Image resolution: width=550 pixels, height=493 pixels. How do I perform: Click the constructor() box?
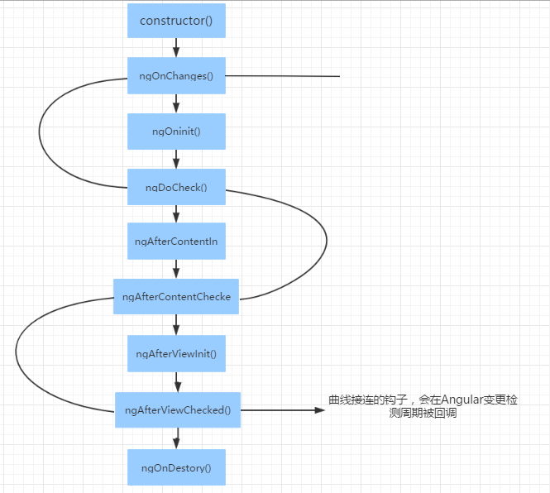176,21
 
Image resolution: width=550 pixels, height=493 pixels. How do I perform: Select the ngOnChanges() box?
176,76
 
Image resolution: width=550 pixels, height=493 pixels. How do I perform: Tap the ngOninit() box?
176,132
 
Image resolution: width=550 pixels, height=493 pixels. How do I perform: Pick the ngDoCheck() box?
176,187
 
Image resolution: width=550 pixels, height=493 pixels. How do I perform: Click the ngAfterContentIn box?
176,241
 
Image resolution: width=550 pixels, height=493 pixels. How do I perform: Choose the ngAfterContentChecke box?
176,296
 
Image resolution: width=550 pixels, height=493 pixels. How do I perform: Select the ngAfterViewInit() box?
176,353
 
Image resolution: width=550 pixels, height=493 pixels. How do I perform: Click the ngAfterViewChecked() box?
178,409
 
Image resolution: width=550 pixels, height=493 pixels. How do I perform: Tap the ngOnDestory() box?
176,467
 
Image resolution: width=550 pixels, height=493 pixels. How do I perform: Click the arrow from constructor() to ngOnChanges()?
176,48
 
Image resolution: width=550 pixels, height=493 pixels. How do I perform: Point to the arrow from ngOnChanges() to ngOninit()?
176,103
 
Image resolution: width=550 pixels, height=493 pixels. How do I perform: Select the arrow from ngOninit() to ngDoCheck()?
176,159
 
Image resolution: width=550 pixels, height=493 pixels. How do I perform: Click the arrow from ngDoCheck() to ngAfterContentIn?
176,213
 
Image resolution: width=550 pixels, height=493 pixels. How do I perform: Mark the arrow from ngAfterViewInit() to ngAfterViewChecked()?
178,382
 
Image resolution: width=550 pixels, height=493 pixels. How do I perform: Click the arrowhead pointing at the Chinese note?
320,409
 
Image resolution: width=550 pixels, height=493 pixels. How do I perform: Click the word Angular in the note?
462,400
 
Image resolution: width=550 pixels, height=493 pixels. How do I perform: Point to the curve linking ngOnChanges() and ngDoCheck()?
40,132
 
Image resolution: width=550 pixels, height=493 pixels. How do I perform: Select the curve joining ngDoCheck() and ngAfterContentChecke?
327,241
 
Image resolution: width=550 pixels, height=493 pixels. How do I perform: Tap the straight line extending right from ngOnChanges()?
283,76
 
